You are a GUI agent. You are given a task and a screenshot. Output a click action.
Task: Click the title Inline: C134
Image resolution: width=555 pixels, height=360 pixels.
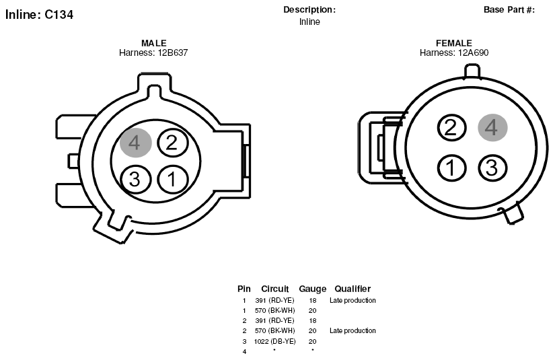(39, 15)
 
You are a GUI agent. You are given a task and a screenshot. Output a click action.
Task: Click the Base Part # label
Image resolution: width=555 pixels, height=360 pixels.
(509, 10)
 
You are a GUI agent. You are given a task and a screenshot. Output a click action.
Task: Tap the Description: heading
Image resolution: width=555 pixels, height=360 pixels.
(309, 10)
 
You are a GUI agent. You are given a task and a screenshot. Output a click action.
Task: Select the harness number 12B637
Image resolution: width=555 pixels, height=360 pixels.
(173, 52)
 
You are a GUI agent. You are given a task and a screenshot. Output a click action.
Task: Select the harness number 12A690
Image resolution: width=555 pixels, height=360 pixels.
(473, 52)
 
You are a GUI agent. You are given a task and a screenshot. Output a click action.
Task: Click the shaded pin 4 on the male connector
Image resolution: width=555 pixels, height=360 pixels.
(136, 143)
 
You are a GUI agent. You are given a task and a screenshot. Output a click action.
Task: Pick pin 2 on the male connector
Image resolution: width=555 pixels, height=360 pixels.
(172, 142)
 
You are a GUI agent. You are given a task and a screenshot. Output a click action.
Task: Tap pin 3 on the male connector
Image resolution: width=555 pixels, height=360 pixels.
(136, 179)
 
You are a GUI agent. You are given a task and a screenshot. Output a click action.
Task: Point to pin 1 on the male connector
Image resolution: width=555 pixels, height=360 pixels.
(173, 179)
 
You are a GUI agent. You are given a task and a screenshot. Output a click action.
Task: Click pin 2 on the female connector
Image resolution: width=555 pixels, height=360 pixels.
(451, 127)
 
